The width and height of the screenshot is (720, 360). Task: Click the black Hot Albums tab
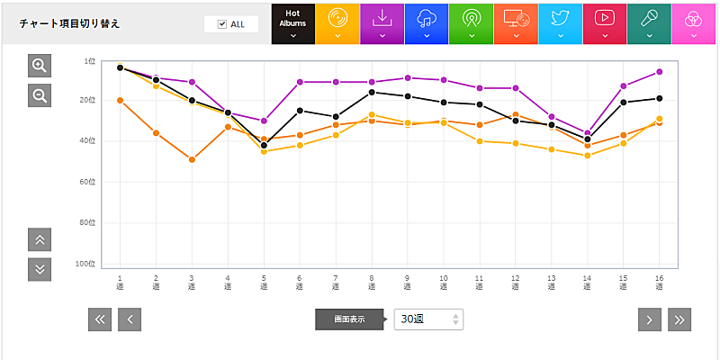point(292,23)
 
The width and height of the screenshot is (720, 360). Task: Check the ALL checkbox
point(222,24)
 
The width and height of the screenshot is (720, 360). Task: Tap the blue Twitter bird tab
point(560,23)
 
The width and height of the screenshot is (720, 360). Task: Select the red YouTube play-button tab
point(605,23)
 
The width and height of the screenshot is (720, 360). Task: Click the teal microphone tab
point(649,23)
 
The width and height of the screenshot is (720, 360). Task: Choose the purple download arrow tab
point(382,23)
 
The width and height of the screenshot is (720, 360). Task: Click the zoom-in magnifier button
point(40,66)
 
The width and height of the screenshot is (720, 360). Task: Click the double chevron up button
point(40,240)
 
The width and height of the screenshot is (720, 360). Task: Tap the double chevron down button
point(40,268)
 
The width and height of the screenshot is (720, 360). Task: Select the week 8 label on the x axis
point(371,283)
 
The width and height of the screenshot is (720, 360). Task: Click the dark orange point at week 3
point(192,159)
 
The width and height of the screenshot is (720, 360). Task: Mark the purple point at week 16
point(659,72)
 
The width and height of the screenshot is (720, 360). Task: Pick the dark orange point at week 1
point(120,100)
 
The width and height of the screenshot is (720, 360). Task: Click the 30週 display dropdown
point(428,319)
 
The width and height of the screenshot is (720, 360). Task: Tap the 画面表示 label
point(349,319)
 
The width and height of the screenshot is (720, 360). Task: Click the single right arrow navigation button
point(650,319)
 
